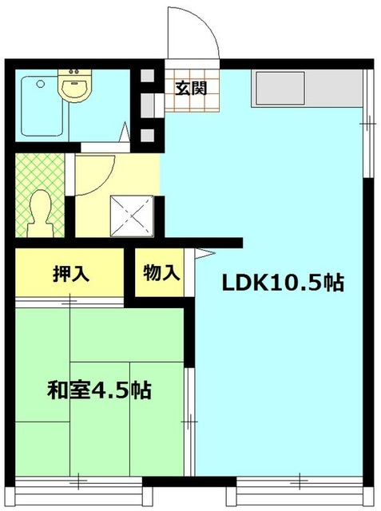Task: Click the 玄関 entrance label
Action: click(192, 88)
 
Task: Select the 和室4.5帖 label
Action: click(100, 391)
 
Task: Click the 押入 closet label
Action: click(70, 273)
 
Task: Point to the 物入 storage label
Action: click(161, 273)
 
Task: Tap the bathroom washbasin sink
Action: click(75, 87)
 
